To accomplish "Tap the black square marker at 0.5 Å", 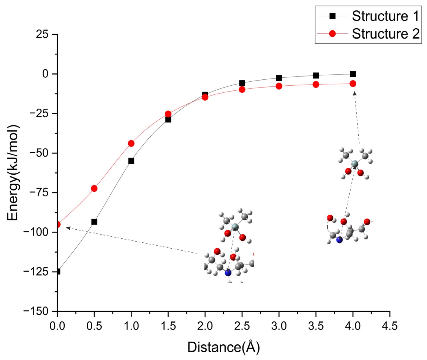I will [x=94, y=222].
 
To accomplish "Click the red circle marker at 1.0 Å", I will [x=131, y=143].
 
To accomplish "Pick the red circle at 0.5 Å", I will [x=94, y=189].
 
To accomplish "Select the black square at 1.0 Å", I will [x=131, y=161].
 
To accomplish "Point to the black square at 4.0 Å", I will [x=353, y=74].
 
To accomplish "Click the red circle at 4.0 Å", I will [x=353, y=84].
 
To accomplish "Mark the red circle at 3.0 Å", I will [x=279, y=86].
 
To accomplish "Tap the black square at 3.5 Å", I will [x=316, y=76].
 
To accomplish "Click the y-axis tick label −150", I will [x=36, y=311].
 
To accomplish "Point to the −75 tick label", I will [x=39, y=193].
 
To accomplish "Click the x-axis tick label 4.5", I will [x=390, y=326].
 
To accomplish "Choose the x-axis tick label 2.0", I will [x=205, y=326].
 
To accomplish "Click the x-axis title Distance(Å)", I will [x=223, y=347].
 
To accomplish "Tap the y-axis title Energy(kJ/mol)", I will [x=13, y=173].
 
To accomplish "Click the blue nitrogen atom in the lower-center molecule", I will [x=228, y=273].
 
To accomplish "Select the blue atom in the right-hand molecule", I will [x=339, y=240].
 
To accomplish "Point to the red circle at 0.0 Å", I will [x=58, y=224].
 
